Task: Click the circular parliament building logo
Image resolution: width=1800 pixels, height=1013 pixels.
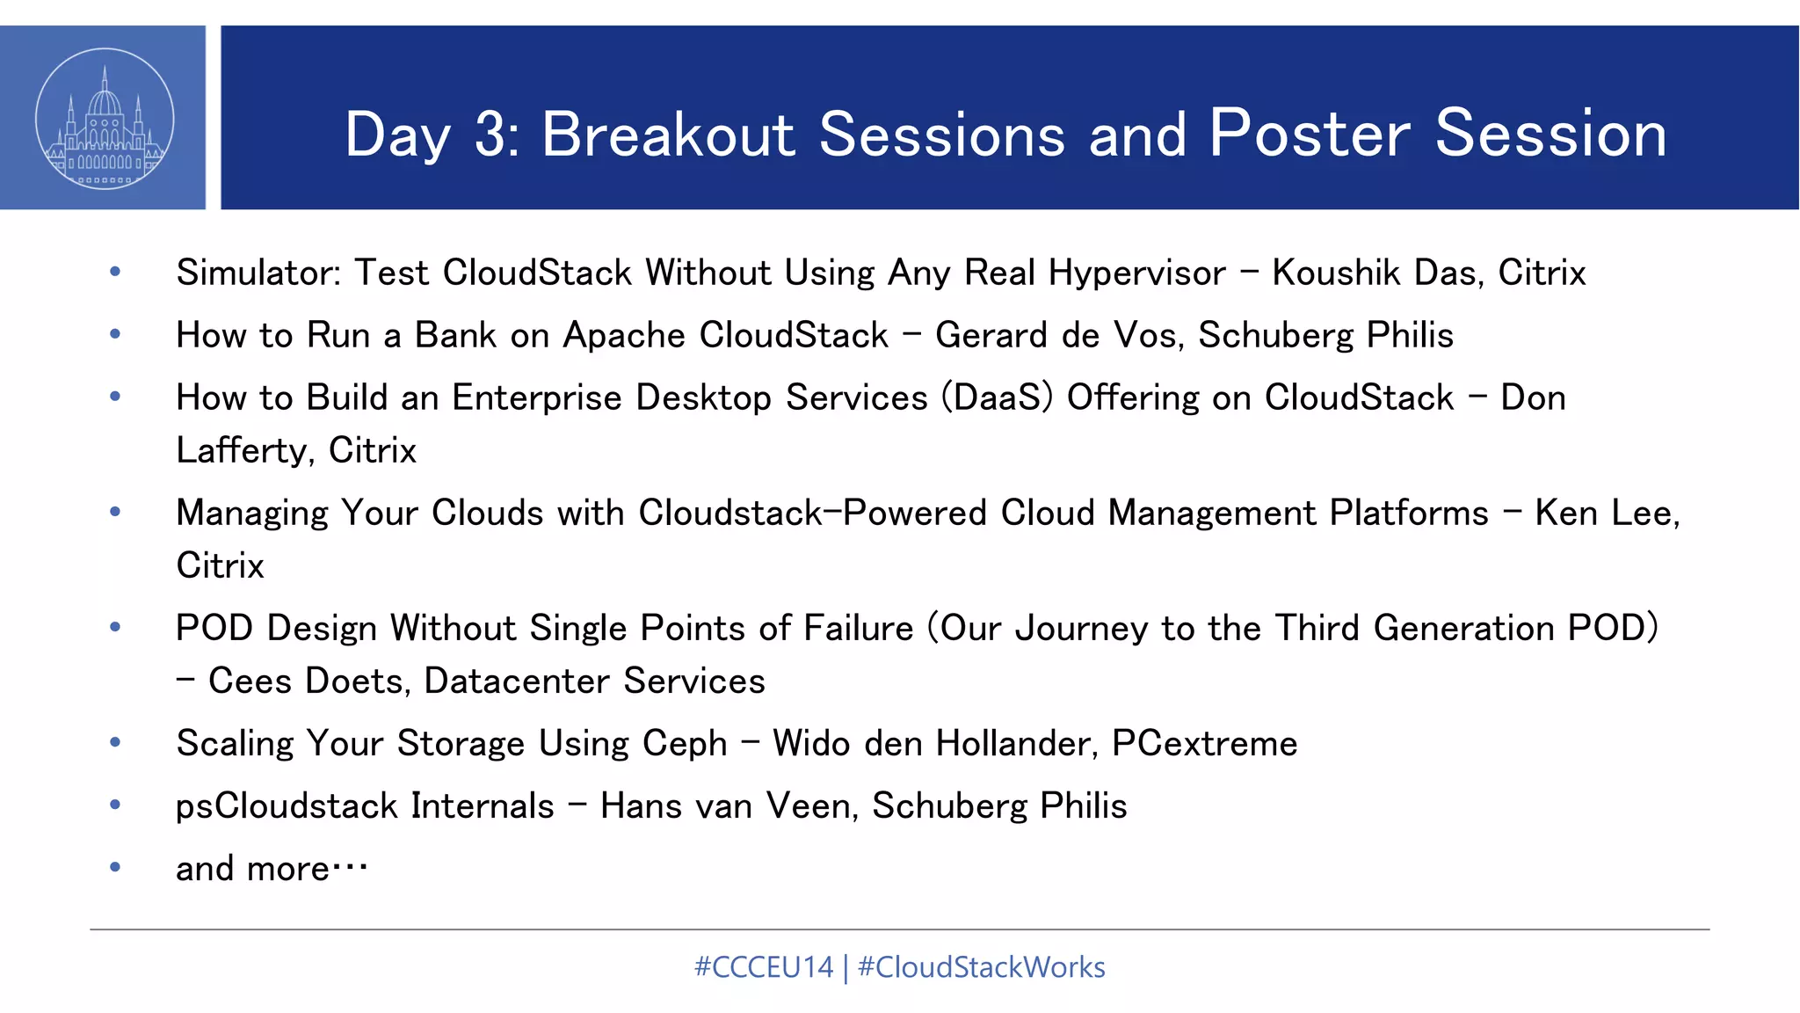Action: click(105, 119)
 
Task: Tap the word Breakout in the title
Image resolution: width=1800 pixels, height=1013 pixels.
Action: click(668, 135)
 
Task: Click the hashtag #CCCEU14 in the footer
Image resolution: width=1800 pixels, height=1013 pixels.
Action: click(763, 967)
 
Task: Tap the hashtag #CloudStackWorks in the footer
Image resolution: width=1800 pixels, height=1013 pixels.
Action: click(981, 967)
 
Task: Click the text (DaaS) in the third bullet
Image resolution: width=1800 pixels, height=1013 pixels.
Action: click(997, 397)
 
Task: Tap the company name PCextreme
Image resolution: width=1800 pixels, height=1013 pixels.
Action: click(1204, 744)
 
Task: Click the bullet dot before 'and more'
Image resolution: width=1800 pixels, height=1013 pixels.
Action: click(115, 867)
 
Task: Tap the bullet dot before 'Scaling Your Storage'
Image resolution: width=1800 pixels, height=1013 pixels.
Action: click(115, 743)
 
